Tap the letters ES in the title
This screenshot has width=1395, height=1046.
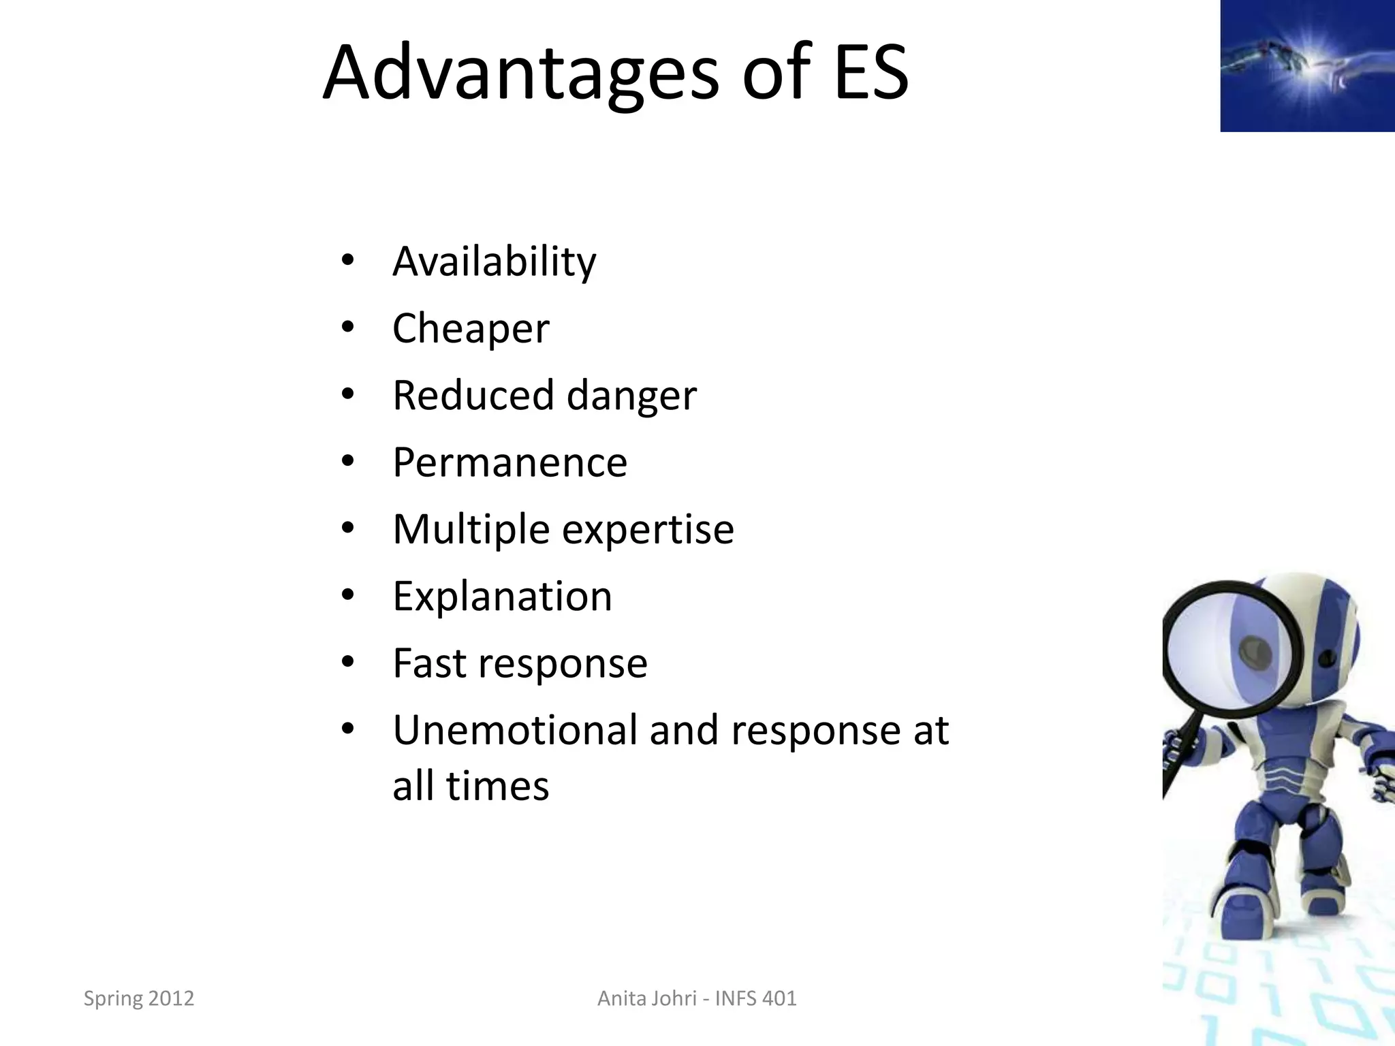coord(871,72)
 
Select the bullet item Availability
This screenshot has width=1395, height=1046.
coord(494,261)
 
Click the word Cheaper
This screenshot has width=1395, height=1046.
coord(471,329)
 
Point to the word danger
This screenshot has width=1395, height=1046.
coord(631,396)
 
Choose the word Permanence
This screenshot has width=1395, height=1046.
coord(510,462)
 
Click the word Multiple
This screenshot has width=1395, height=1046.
coord(471,530)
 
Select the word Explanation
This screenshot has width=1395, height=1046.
coord(502,597)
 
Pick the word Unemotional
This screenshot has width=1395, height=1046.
coord(515,730)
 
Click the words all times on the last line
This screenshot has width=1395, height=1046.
coord(471,786)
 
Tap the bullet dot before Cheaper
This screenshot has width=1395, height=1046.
coord(348,328)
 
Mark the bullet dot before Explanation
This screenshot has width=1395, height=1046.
coord(348,596)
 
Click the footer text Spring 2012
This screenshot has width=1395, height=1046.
coord(139,998)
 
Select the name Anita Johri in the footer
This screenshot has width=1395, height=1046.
coord(646,998)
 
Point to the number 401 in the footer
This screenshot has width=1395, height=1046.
coord(779,998)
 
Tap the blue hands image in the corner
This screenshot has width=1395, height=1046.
coord(1306,65)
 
